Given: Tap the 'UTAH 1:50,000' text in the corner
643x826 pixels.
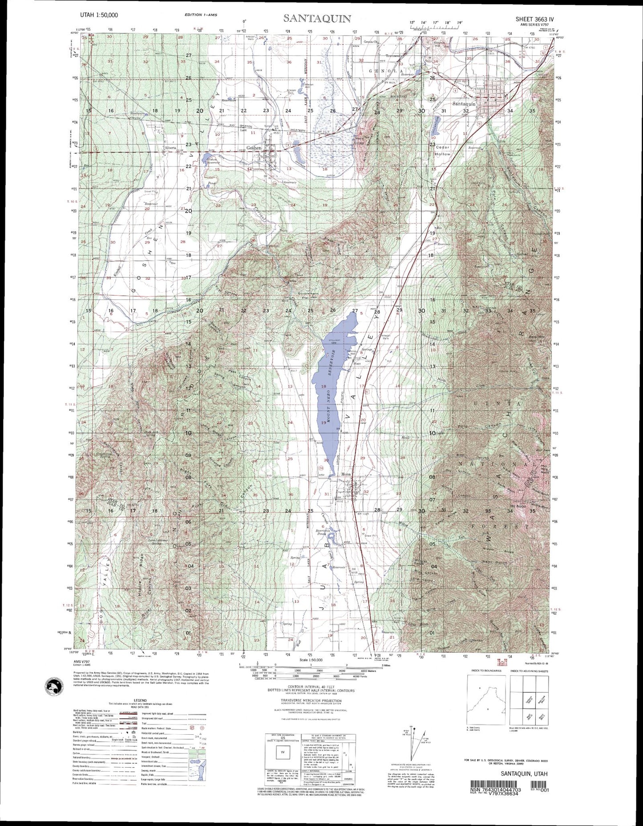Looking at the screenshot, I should point(99,15).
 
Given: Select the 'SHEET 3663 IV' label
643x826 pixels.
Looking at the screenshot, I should point(535,19).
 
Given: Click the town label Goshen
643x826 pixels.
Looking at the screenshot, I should point(254,148).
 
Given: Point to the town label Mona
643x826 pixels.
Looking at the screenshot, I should point(346,474).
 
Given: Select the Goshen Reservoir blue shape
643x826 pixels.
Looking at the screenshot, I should point(207,158).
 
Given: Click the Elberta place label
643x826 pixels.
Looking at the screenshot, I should point(170,147).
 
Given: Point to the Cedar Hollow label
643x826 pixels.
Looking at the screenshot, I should point(442,151).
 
